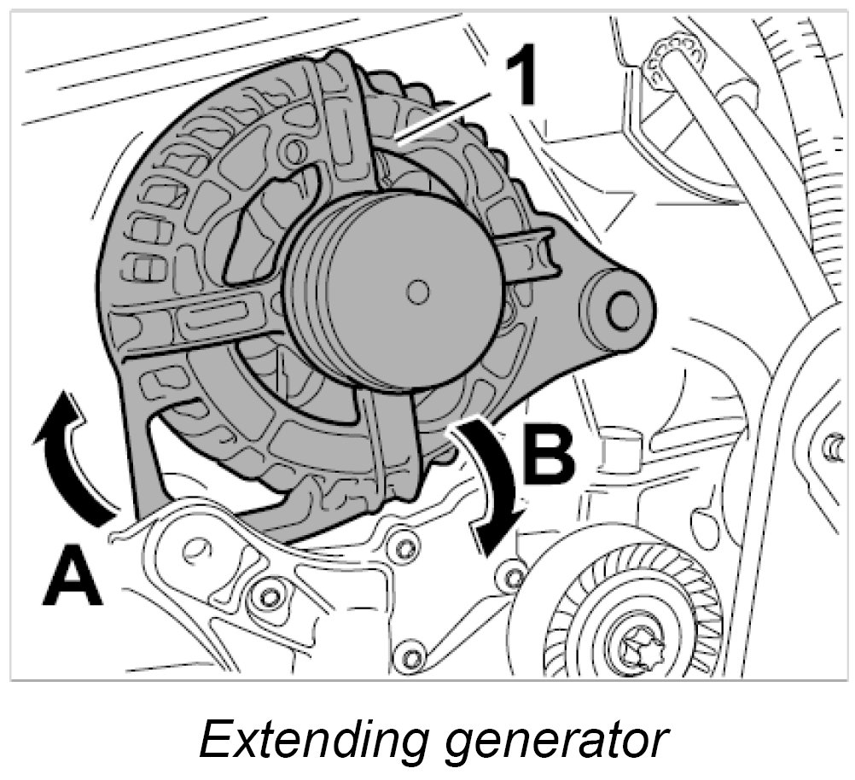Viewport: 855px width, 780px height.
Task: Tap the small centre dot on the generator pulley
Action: pyautogui.click(x=416, y=293)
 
